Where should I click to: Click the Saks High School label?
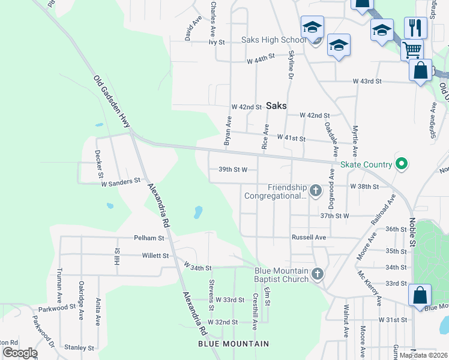click(273, 40)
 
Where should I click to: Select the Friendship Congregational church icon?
click(316, 191)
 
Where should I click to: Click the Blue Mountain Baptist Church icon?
click(318, 275)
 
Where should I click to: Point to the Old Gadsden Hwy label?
click(112, 101)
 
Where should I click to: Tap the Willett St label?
click(155, 256)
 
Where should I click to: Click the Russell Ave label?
click(309, 237)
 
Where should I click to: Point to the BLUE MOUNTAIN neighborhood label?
click(234, 343)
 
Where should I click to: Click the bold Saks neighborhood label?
click(276, 106)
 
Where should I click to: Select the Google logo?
click(20, 353)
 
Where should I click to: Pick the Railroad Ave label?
click(384, 210)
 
